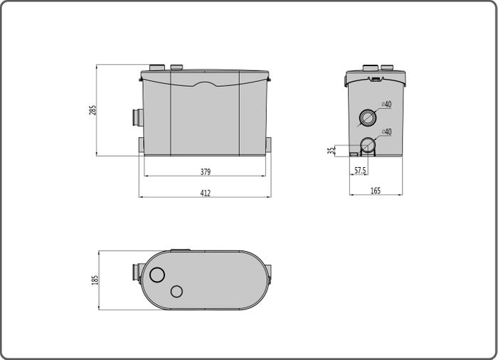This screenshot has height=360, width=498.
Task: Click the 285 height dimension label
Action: click(x=92, y=110)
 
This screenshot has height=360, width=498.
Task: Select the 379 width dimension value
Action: click(x=206, y=172)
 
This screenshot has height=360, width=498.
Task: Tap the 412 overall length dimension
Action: click(x=206, y=193)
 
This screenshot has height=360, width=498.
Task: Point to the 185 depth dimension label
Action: click(x=95, y=280)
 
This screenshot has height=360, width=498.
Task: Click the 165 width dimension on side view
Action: click(x=376, y=191)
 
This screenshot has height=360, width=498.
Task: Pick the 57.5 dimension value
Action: click(x=360, y=171)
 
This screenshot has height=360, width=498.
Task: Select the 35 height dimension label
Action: click(x=332, y=151)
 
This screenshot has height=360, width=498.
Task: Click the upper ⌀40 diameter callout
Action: click(x=386, y=104)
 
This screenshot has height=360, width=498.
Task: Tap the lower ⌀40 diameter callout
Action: click(x=386, y=132)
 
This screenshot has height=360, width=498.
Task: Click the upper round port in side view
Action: click(x=368, y=118)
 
